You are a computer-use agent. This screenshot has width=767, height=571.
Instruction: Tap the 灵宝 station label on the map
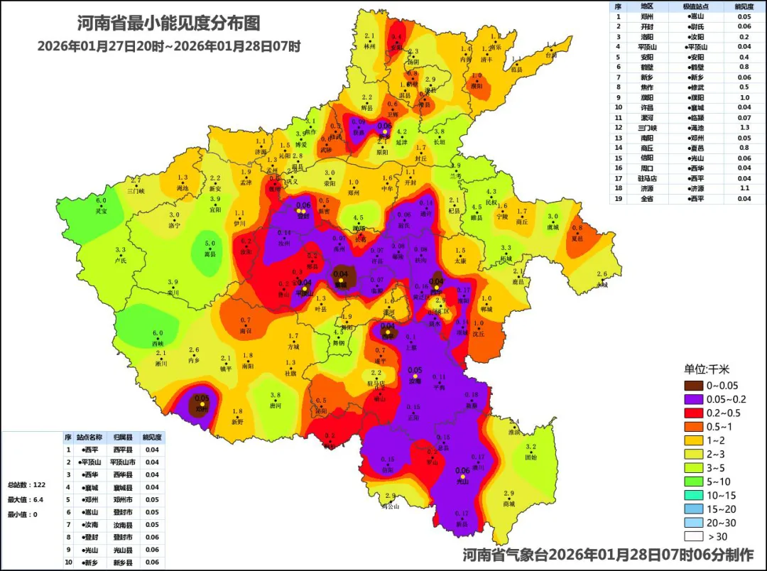pos(102,211)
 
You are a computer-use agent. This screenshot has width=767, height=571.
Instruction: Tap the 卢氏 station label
pos(120,261)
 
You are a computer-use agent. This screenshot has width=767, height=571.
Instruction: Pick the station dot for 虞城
pos(553,222)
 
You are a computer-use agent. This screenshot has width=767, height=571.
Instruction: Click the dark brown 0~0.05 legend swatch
pos(695,386)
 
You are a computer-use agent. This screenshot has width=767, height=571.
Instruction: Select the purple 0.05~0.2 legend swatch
pos(695,399)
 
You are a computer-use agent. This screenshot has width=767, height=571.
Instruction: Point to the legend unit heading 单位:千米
pos(707,369)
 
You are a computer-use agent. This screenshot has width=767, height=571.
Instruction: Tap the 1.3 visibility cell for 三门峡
pos(744,127)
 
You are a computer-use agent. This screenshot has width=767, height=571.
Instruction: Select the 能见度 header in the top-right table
pos(744,6)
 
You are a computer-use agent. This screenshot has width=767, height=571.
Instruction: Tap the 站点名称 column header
pos(88,437)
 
